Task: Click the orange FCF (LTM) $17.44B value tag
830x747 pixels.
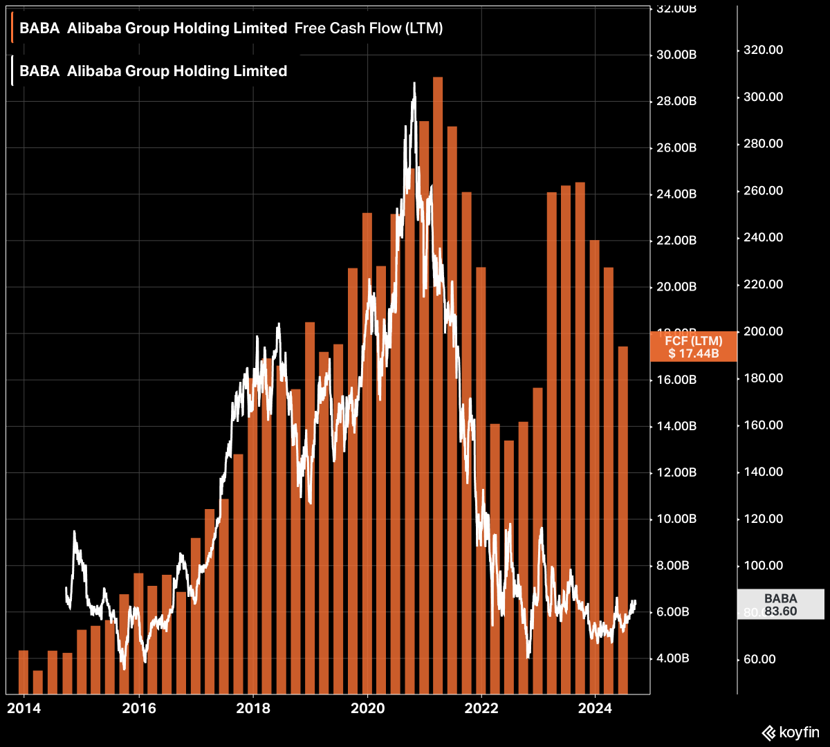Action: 693,347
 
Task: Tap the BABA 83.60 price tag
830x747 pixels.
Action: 780,605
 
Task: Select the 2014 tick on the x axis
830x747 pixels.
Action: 24,708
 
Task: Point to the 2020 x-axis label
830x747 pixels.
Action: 367,708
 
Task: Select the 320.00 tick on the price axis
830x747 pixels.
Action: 763,50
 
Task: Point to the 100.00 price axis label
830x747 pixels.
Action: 763,566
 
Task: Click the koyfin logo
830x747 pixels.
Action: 791,732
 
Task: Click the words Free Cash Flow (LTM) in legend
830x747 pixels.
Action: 368,28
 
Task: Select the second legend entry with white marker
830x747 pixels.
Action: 152,71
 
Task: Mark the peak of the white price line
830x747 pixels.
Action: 414,84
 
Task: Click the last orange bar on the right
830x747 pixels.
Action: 622,519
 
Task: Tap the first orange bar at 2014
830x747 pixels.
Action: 24,672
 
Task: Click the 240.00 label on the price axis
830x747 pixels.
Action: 763,238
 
